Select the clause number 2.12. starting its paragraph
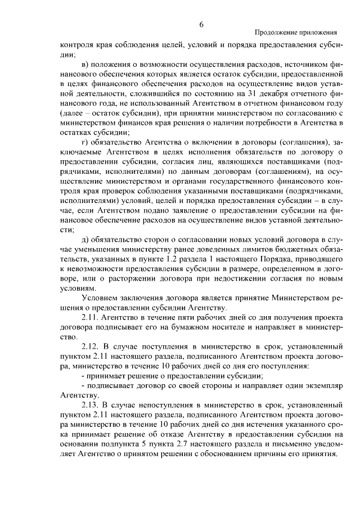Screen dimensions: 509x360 pos(92,346)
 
